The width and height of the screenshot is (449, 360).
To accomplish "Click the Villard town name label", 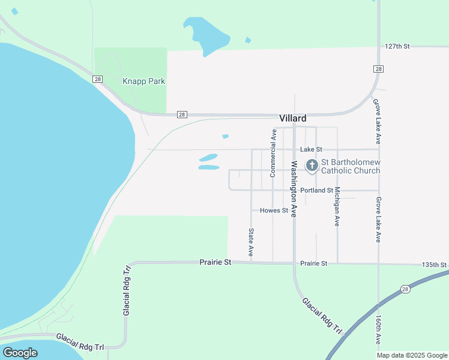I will pyautogui.click(x=293, y=118).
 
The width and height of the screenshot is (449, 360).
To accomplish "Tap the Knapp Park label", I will pyautogui.click(x=144, y=81).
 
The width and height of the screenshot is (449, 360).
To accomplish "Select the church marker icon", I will pyautogui.click(x=312, y=165).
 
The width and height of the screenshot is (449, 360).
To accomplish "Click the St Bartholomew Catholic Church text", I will pyautogui.click(x=351, y=166).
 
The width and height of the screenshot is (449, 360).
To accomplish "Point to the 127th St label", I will pyautogui.click(x=397, y=46).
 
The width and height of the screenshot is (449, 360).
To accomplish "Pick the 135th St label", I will pyautogui.click(x=435, y=265).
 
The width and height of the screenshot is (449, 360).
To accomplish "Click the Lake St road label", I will pyautogui.click(x=312, y=149).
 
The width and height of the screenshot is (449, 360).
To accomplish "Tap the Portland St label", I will pyautogui.click(x=316, y=190).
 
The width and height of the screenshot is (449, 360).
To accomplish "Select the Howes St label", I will pyautogui.click(x=274, y=211).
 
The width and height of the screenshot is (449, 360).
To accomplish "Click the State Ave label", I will pyautogui.click(x=251, y=242).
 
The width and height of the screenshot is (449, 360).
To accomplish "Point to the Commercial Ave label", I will pyautogui.click(x=273, y=154).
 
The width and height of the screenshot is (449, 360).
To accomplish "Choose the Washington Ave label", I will pyautogui.click(x=294, y=189).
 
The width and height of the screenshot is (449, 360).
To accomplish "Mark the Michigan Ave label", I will pyautogui.click(x=337, y=206).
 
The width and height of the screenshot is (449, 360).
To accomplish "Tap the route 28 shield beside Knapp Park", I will pyautogui.click(x=97, y=79).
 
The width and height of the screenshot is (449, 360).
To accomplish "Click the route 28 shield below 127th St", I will pyautogui.click(x=378, y=69).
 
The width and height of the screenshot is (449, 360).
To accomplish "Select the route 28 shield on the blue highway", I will pyautogui.click(x=406, y=289).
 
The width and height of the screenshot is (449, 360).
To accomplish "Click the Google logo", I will pyautogui.click(x=20, y=353).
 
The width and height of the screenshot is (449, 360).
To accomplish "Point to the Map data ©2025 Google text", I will pyautogui.click(x=412, y=355).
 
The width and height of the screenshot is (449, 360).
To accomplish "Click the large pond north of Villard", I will pyautogui.click(x=208, y=35).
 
